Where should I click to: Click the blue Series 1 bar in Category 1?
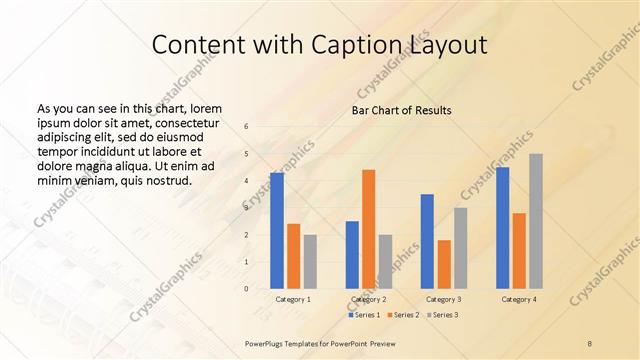tap(277, 231)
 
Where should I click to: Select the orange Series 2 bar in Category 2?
tap(368, 229)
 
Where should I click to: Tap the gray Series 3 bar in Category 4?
tap(536, 221)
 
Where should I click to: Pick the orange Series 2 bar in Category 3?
tap(443, 264)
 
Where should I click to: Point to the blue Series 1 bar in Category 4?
tap(502, 228)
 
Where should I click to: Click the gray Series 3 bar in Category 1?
tap(310, 262)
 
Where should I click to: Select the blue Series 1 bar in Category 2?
tap(352, 255)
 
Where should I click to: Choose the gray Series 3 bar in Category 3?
tap(460, 248)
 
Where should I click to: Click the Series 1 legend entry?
tap(363, 315)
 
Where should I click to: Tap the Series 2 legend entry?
tap(403, 315)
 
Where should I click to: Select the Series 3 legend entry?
tap(443, 315)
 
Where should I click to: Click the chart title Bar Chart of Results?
tap(402, 110)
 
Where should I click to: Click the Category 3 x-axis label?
tap(443, 299)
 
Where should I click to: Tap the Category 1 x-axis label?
tap(293, 299)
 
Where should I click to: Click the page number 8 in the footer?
tap(590, 343)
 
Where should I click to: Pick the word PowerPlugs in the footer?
tap(267, 343)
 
